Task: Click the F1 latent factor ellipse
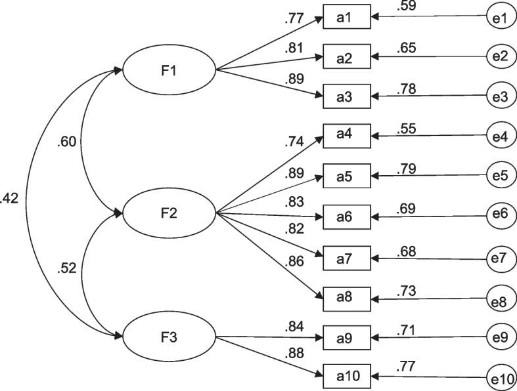point(169,69)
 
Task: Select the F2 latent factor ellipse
point(169,213)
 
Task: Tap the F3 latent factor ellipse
point(169,338)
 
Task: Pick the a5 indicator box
point(346,176)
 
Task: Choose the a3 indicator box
point(346,97)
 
